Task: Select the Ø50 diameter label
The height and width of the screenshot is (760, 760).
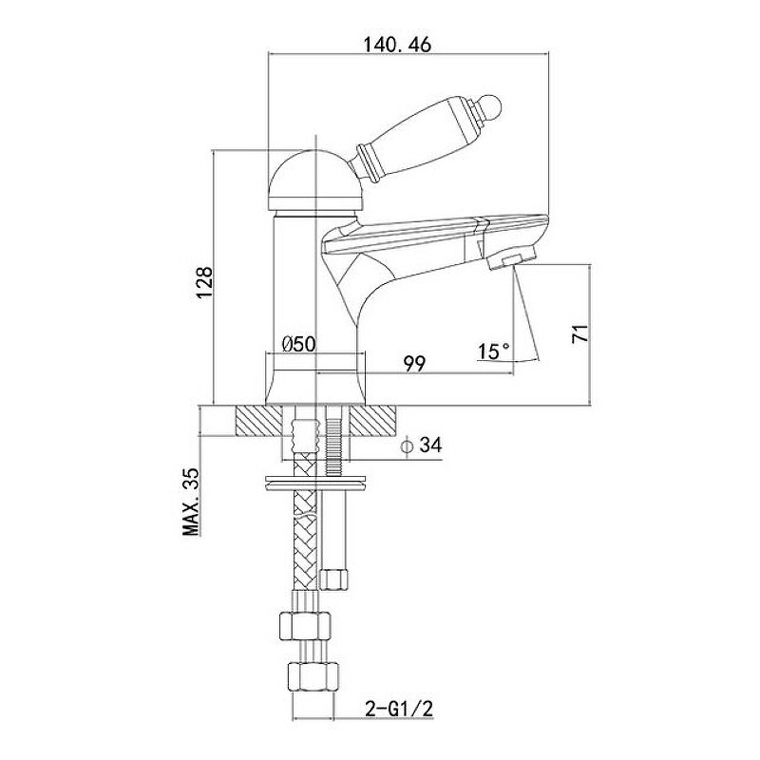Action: coord(298,344)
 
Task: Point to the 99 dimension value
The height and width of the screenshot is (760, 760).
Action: coord(412,363)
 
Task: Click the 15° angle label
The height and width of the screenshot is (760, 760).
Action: coord(493,351)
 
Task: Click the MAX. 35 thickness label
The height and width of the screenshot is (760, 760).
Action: coord(193,500)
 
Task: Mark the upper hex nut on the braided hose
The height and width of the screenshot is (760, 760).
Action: coord(306,624)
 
